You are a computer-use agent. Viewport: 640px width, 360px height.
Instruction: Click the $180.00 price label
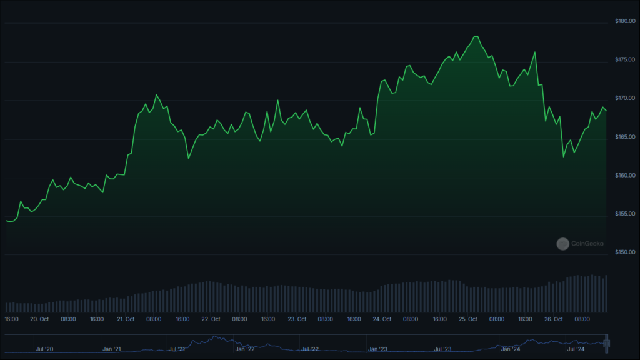pos(625,21)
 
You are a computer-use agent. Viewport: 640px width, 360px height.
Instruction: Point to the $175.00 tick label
pos(625,59)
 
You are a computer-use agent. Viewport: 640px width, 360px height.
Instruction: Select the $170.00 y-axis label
pos(625,98)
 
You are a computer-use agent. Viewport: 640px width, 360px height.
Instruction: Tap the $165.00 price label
pos(625,137)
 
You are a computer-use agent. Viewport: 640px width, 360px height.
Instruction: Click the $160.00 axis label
pos(625,175)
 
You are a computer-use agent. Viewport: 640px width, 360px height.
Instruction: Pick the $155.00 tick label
pos(625,214)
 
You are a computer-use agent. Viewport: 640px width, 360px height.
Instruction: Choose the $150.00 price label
pos(625,252)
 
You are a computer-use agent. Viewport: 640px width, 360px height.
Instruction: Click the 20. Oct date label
pos(39,319)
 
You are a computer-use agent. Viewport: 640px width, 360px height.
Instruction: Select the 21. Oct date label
pos(126,319)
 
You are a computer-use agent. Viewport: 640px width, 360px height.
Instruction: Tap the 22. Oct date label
pos(211,319)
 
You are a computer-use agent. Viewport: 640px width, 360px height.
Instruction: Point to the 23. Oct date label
pos(297,319)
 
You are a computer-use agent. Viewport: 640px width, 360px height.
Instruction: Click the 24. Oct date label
pos(382,319)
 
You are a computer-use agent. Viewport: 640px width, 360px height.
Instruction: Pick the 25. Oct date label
pos(467,319)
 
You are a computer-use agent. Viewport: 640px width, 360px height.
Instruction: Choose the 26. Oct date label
pos(554,319)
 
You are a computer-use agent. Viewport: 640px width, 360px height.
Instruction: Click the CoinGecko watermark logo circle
pos(563,244)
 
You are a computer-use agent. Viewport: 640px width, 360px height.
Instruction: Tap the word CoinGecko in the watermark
pos(587,244)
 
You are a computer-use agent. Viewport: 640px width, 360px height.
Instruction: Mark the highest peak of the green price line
pos(476,37)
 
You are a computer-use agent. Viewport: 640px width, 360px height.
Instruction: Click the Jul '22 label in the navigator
pos(310,349)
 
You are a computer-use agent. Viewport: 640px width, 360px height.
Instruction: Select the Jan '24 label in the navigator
pos(511,349)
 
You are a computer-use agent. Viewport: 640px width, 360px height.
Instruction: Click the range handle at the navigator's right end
pos(606,344)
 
